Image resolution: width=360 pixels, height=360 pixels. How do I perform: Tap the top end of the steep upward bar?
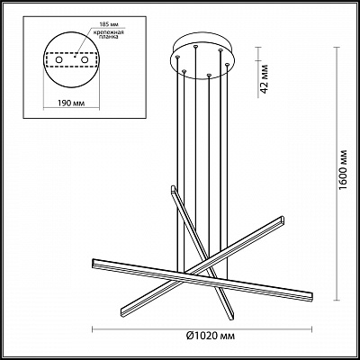(172, 187)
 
